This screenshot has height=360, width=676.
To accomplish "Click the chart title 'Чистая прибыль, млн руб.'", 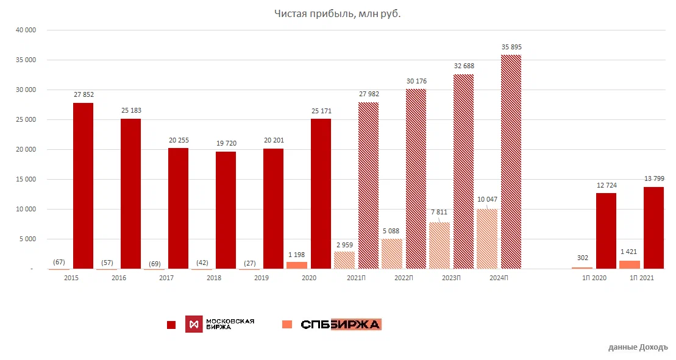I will [x=337, y=13].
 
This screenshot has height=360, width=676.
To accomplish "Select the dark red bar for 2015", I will [x=83, y=186].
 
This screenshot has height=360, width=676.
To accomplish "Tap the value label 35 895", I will [x=511, y=47].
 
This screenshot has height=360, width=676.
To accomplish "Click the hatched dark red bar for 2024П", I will [x=511, y=161].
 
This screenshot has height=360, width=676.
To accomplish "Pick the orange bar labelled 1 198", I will [x=297, y=265].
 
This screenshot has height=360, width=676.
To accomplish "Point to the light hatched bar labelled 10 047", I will [x=487, y=239].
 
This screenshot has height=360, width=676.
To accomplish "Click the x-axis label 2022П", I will [x=405, y=278].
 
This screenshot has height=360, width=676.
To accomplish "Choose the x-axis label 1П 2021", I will [x=642, y=278].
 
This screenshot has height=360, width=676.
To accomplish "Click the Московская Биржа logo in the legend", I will [x=220, y=324].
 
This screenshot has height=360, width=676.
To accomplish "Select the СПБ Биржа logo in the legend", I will [x=341, y=324].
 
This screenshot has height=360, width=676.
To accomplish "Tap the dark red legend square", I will [x=171, y=325].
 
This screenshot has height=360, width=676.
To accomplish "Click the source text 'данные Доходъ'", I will [x=638, y=347].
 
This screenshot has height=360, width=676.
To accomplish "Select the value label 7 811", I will [x=439, y=212].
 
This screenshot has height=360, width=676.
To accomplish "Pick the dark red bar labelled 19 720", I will [x=226, y=210].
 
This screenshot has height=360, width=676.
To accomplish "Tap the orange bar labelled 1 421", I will [x=630, y=264].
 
